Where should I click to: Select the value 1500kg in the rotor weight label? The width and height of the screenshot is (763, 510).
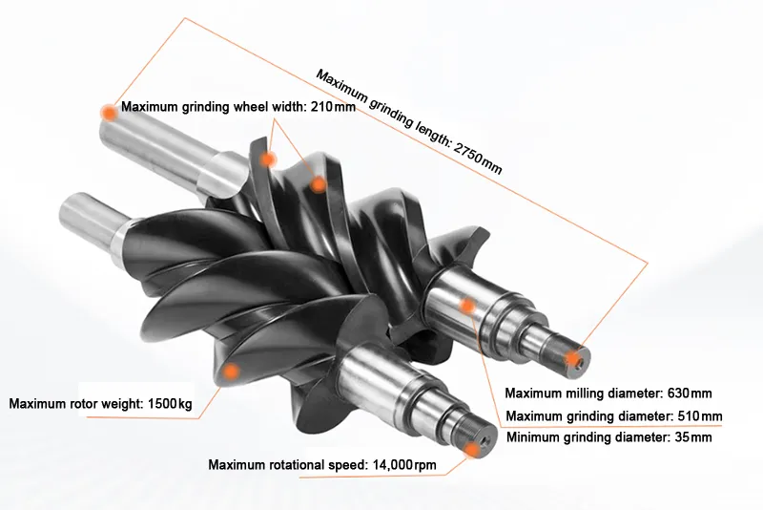(170, 403)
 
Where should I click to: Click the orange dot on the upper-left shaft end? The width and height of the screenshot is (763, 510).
(110, 113)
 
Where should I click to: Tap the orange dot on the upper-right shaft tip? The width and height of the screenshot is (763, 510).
(572, 358)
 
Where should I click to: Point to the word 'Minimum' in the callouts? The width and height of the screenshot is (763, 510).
(534, 437)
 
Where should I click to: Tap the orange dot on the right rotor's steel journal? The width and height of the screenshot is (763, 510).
(467, 306)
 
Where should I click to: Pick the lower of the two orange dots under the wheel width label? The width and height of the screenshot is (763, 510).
(319, 183)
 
